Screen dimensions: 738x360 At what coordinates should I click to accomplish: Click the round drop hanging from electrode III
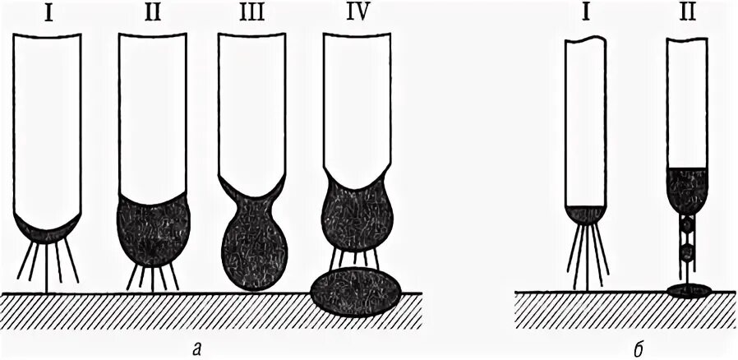point(253,251)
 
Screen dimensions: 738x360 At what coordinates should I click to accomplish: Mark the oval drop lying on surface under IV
point(357,291)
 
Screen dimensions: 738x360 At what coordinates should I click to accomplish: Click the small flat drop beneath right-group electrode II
point(688,289)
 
